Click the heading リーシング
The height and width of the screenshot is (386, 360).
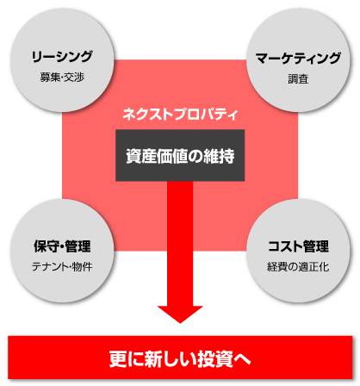[62, 57]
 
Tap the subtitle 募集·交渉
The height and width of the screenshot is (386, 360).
[62, 78]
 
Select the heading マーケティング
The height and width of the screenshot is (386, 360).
[298, 59]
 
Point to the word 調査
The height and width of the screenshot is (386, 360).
[298, 79]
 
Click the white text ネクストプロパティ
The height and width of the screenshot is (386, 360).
[180, 114]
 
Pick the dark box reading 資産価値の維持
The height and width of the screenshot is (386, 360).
[180, 155]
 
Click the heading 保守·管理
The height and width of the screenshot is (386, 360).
[62, 246]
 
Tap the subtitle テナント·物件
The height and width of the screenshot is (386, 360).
[62, 267]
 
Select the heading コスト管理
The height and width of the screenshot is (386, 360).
[298, 246]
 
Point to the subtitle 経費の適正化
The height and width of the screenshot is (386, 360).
[298, 267]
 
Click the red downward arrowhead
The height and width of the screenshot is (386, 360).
[180, 314]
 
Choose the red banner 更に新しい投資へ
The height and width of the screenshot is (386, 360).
[180, 358]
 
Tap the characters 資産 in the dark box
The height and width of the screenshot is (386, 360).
[141, 156]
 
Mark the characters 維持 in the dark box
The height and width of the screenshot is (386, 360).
[219, 156]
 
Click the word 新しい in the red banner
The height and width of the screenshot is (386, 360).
[171, 358]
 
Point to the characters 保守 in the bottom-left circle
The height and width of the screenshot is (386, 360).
[47, 246]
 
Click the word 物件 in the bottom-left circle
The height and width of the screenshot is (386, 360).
[83, 267]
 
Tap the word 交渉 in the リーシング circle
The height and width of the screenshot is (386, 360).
[74, 78]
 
